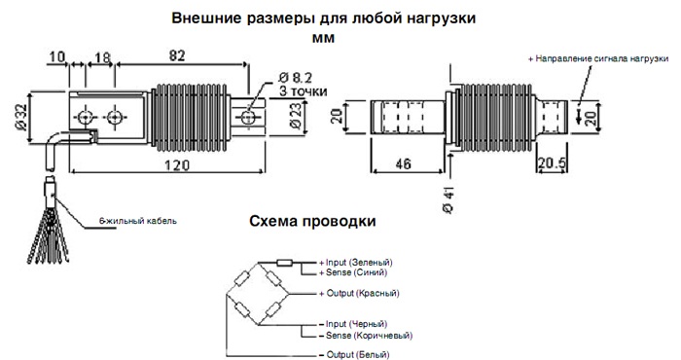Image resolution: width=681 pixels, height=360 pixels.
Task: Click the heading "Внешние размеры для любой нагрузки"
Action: (324, 18)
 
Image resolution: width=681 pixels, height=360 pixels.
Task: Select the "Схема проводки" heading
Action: (312, 221)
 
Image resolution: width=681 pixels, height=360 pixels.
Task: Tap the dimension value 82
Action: (177, 55)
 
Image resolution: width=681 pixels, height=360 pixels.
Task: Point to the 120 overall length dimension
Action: (177, 165)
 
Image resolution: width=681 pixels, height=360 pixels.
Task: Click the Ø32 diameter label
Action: (21, 118)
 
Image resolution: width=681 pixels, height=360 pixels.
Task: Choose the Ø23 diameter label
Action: (296, 116)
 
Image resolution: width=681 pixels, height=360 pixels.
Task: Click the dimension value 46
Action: (403, 163)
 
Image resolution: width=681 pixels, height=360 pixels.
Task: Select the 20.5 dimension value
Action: (552, 163)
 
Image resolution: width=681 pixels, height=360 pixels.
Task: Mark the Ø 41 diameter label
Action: (448, 199)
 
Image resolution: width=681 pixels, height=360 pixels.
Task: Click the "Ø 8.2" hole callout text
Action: (295, 78)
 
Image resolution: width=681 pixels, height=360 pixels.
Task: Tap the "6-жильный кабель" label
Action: (138, 221)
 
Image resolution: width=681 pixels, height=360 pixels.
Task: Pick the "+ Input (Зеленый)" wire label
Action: (356, 263)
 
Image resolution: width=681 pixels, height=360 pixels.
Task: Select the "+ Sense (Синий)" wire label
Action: (352, 272)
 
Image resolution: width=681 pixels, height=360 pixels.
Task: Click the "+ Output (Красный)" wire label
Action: (359, 293)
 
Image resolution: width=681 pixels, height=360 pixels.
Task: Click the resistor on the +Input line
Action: (285, 263)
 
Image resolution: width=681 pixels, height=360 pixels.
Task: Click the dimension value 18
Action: (102, 57)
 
